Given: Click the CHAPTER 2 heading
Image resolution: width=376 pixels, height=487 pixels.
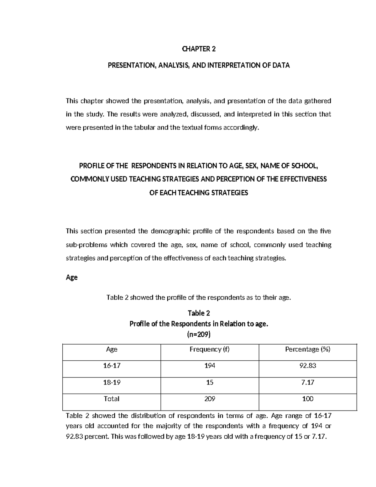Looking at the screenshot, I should pos(199,49).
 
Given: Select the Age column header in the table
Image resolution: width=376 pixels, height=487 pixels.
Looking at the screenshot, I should pos(112,349).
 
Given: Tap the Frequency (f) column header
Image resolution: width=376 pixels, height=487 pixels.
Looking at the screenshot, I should pos(210,349).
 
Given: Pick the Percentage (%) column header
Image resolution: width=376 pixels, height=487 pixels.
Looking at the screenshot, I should pos(308,349).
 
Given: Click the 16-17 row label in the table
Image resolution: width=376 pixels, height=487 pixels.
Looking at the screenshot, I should pos(112,366).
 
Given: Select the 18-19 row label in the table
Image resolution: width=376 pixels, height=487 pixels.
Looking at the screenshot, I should pos(112,382).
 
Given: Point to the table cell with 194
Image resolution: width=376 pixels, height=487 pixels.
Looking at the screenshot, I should pos(210,366).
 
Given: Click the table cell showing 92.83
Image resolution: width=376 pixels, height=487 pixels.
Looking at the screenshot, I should pos(308,366).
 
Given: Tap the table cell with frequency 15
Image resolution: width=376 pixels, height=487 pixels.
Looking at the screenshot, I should pos(210,382).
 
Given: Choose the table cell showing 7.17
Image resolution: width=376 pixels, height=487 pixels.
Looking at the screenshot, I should pos(308,382).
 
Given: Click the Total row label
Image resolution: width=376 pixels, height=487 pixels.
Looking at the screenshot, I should pos(112,399).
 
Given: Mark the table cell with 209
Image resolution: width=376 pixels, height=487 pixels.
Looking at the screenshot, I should pos(210,399).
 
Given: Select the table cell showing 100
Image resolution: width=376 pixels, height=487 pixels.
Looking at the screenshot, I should pos(308,399).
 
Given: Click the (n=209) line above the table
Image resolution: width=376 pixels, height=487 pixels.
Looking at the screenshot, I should pos(199,335).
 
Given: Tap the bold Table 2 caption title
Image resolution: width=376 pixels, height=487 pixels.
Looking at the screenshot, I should pos(199,313).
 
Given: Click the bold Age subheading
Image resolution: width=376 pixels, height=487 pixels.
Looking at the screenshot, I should pos(72,278).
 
